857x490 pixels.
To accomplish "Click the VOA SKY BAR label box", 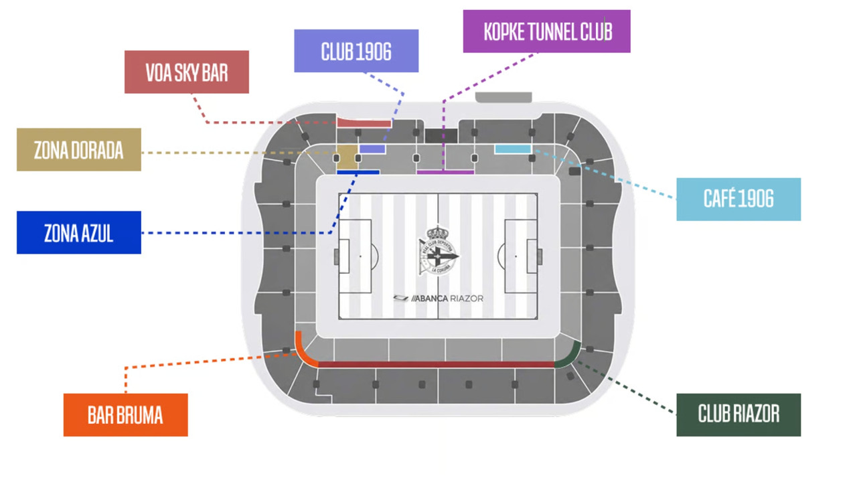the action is (187, 72).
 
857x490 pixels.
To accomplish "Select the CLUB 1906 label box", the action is (356, 51).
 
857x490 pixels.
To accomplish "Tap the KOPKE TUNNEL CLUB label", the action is (547, 31).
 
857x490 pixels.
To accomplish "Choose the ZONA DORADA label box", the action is (79, 149).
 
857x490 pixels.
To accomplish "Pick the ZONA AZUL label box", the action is (79, 232).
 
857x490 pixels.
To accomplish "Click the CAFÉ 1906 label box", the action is (738, 199).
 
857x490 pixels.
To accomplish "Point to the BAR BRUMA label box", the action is (125, 415).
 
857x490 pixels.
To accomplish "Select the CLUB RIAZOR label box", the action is (738, 415).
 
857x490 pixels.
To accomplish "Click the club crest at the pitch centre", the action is (438, 250).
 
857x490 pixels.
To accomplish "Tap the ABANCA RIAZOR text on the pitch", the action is (439, 299).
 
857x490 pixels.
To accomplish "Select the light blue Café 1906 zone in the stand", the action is (513, 149).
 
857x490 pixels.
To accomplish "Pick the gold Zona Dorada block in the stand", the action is (347, 157).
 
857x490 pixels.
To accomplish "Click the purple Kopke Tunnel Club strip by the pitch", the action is (445, 173).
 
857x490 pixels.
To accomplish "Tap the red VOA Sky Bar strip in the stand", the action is (364, 122).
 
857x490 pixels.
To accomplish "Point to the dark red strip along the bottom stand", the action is (436, 365).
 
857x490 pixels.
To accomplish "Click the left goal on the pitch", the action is (337, 256).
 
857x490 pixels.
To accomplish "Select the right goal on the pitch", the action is (540, 256).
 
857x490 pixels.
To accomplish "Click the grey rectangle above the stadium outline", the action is (503, 97).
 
